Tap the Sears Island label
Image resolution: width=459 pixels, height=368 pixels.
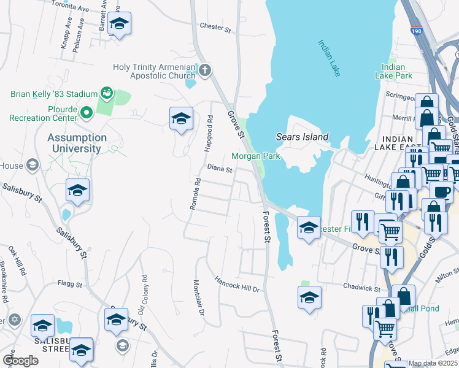[302, 137]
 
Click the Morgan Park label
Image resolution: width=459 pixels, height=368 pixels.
[255, 156]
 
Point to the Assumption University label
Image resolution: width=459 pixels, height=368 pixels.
[77, 143]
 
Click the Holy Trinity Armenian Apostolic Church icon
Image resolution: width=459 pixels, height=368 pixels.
[205, 71]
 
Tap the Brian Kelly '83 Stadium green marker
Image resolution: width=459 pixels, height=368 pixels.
[107, 93]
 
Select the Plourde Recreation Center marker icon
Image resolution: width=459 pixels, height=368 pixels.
[86, 112]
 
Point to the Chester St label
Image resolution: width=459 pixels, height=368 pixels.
[215, 27]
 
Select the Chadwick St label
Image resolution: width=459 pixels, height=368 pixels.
[363, 287]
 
